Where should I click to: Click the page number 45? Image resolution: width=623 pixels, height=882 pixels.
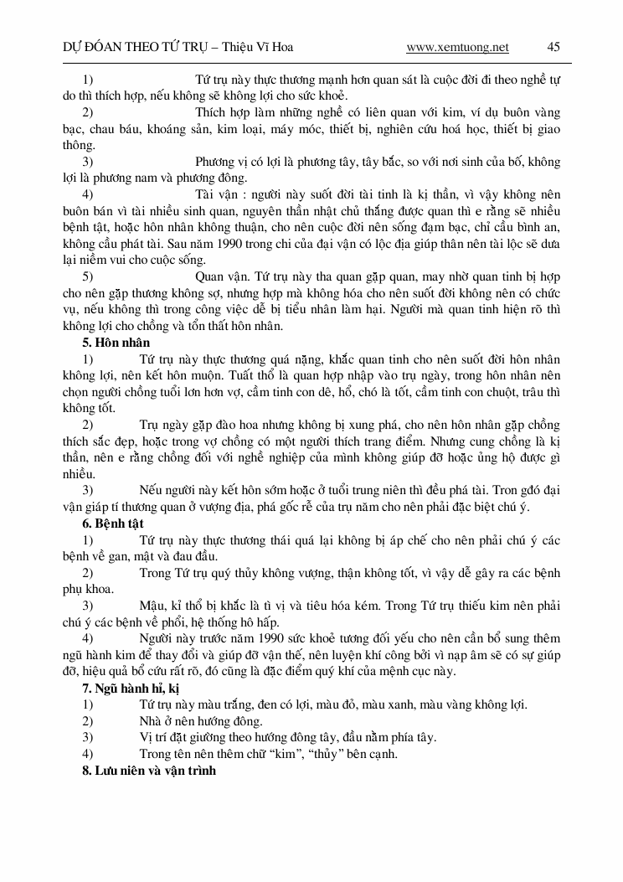553,48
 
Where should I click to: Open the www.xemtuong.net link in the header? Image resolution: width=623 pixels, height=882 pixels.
457,48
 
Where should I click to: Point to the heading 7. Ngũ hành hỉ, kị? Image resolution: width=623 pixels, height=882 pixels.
131,689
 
